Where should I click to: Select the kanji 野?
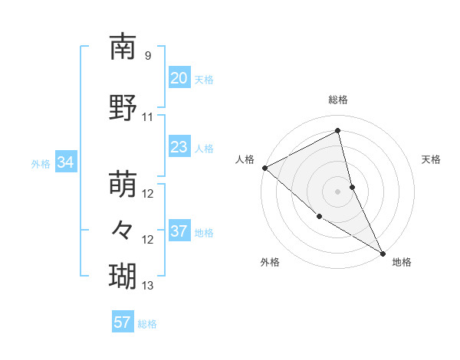click(123, 107)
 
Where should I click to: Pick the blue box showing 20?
click(179, 78)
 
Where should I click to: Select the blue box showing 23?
click(179, 147)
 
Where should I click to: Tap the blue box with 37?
click(179, 231)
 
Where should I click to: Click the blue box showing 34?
click(65, 162)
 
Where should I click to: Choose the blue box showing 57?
click(122, 322)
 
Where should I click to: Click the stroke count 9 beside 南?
click(148, 56)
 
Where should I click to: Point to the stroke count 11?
click(148, 117)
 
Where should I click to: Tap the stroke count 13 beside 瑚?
click(148, 286)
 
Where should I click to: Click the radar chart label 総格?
click(338, 100)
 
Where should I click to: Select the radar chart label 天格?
click(431, 159)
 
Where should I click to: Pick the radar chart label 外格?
click(270, 263)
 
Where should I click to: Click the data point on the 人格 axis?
click(264, 167)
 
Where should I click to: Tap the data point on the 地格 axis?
click(383, 252)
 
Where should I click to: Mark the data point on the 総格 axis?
click(338, 130)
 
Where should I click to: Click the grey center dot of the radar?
click(338, 191)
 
